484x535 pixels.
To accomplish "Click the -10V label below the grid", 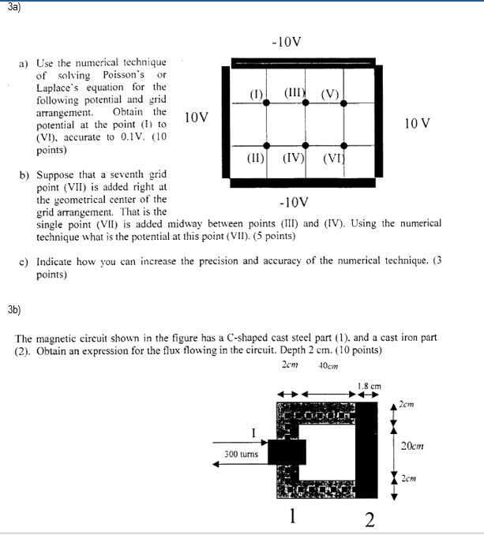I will [x=295, y=202].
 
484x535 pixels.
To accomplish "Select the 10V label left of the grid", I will [x=196, y=118].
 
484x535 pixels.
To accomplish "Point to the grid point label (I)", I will [x=256, y=96].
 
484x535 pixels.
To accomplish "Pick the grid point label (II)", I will [x=255, y=157].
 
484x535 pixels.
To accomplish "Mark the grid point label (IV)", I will [x=295, y=157].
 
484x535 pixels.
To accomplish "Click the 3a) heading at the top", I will [x=11, y=6].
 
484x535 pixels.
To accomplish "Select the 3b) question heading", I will [x=13, y=309].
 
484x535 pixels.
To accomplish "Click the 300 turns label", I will [x=241, y=454].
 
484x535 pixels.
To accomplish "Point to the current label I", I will [x=253, y=432].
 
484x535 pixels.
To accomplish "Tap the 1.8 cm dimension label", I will [x=369, y=386].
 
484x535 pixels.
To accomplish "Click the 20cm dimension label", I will [x=412, y=446].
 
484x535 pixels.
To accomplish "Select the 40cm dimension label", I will [x=327, y=365].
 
